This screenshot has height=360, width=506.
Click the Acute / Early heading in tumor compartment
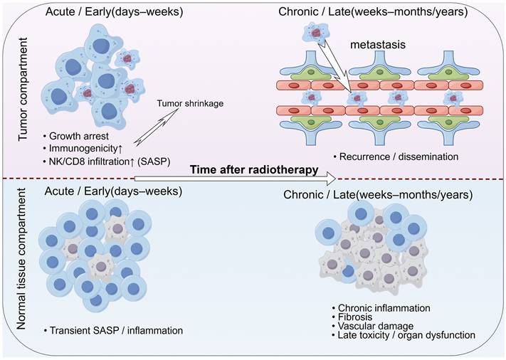pyautogui.click(x=113, y=12)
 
